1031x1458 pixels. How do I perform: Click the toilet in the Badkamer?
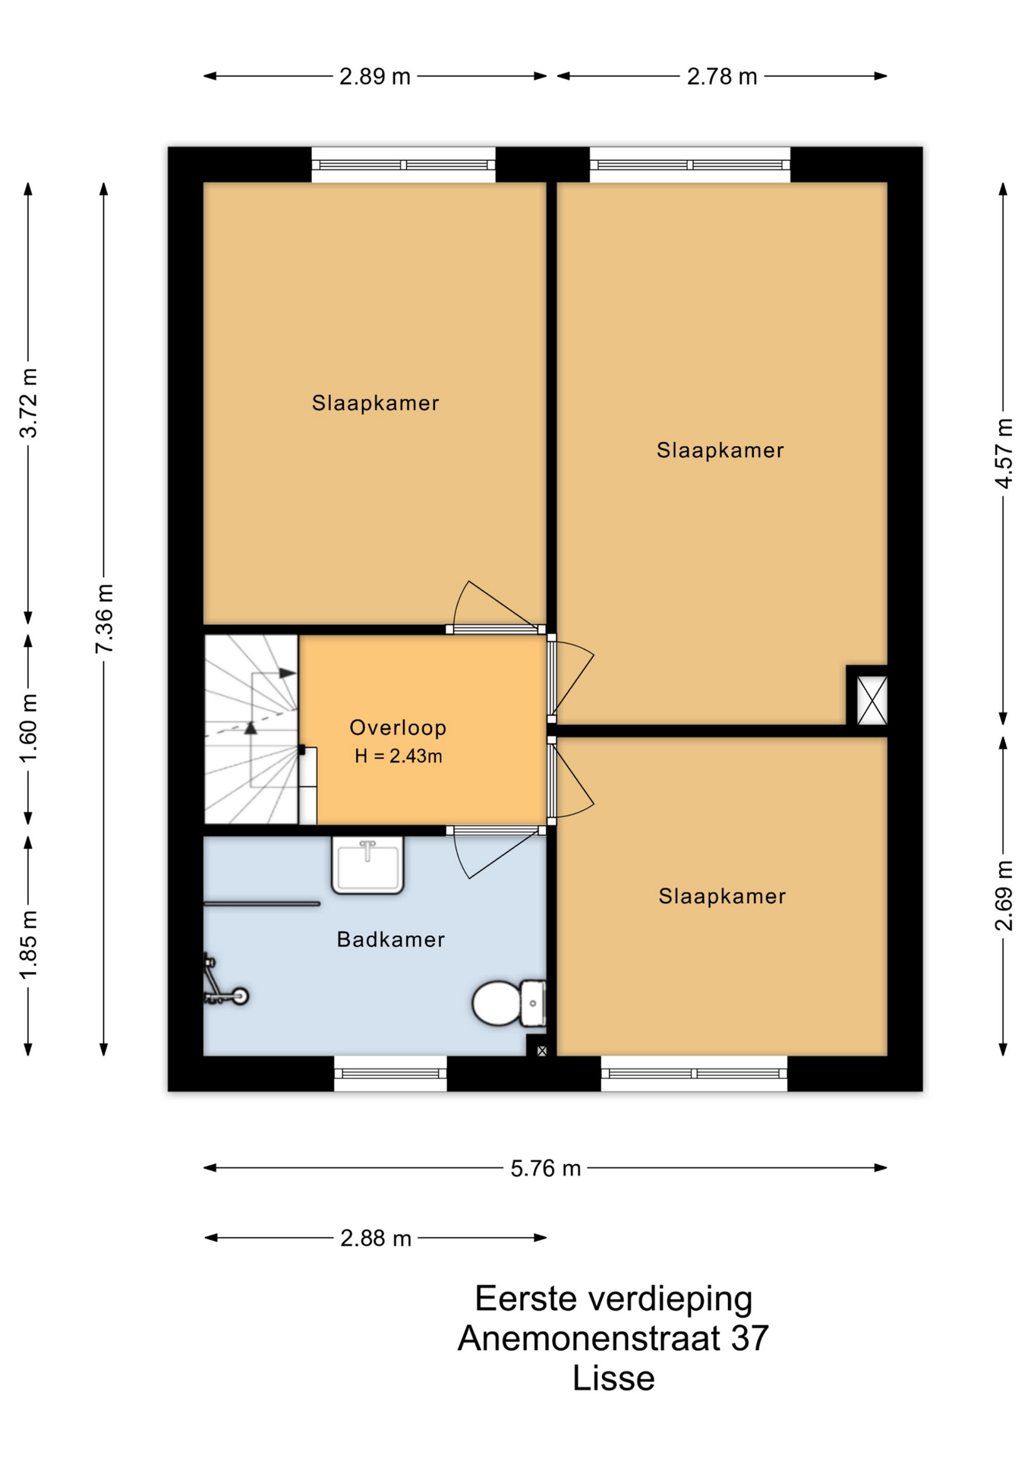pos(509,1002)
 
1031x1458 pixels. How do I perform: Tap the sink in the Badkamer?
pos(367,865)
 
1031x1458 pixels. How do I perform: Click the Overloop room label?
pos(398,727)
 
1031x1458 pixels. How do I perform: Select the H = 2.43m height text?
pos(399,756)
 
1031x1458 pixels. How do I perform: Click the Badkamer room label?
pos(391,939)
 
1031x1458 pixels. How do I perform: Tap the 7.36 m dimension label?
pos(104,619)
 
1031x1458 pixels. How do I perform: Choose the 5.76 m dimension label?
pos(545,1169)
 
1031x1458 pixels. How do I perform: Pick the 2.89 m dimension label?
pos(375,77)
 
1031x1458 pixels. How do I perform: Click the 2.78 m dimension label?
pos(722,77)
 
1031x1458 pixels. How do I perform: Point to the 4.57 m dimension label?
pos(1004,453)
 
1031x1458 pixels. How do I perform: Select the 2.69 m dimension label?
pos(1004,896)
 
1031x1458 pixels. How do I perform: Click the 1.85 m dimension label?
pos(28,945)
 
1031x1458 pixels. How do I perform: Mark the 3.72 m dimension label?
pos(28,403)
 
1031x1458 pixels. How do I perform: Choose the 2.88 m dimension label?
pos(376,1239)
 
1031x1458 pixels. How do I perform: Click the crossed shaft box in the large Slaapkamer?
pos(872,699)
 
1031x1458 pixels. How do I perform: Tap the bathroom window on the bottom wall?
pos(391,1073)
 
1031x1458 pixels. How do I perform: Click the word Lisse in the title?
pos(613,1378)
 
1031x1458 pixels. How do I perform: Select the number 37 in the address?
pos(750,1338)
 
